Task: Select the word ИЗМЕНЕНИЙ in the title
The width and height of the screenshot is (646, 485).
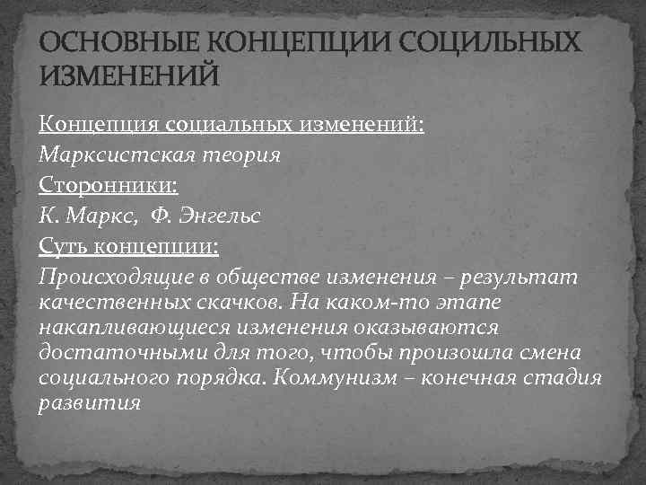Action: (128, 77)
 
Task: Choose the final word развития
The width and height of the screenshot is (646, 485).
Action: (91, 403)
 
